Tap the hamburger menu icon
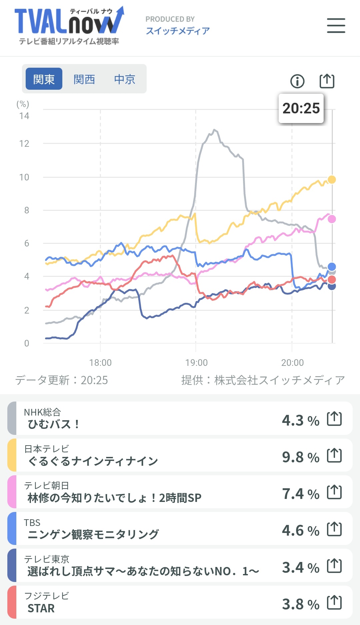point(336,26)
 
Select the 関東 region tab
point(44,79)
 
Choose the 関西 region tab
point(84,79)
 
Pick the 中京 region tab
point(125,79)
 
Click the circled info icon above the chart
point(297,81)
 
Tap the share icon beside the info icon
point(327,81)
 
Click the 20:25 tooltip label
point(301,108)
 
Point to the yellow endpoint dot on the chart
point(332,179)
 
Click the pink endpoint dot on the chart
point(332,219)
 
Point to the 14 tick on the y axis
point(24,116)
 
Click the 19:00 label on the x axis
point(196,363)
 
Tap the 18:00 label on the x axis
point(100,363)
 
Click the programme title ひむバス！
point(54,424)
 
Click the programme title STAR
point(41,608)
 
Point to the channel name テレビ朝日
point(46,485)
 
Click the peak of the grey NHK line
point(214,130)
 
